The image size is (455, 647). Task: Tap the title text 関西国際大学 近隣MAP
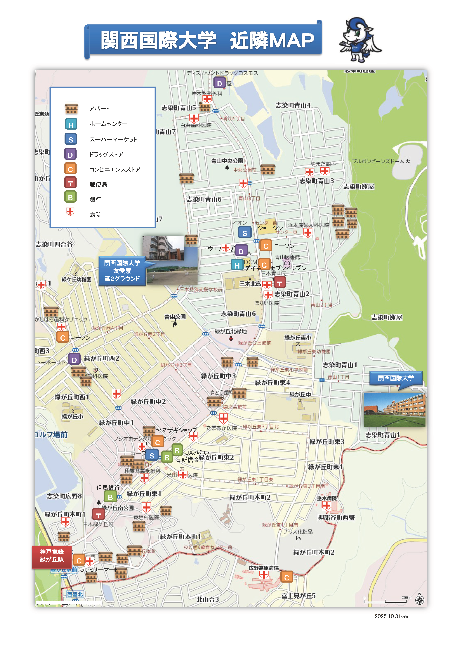207,40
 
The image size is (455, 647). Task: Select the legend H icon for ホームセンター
71,124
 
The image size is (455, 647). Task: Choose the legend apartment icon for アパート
71,109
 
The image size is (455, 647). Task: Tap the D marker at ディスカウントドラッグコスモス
219,83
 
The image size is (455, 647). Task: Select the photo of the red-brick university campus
394,410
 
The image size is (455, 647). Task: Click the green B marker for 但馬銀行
110,497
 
